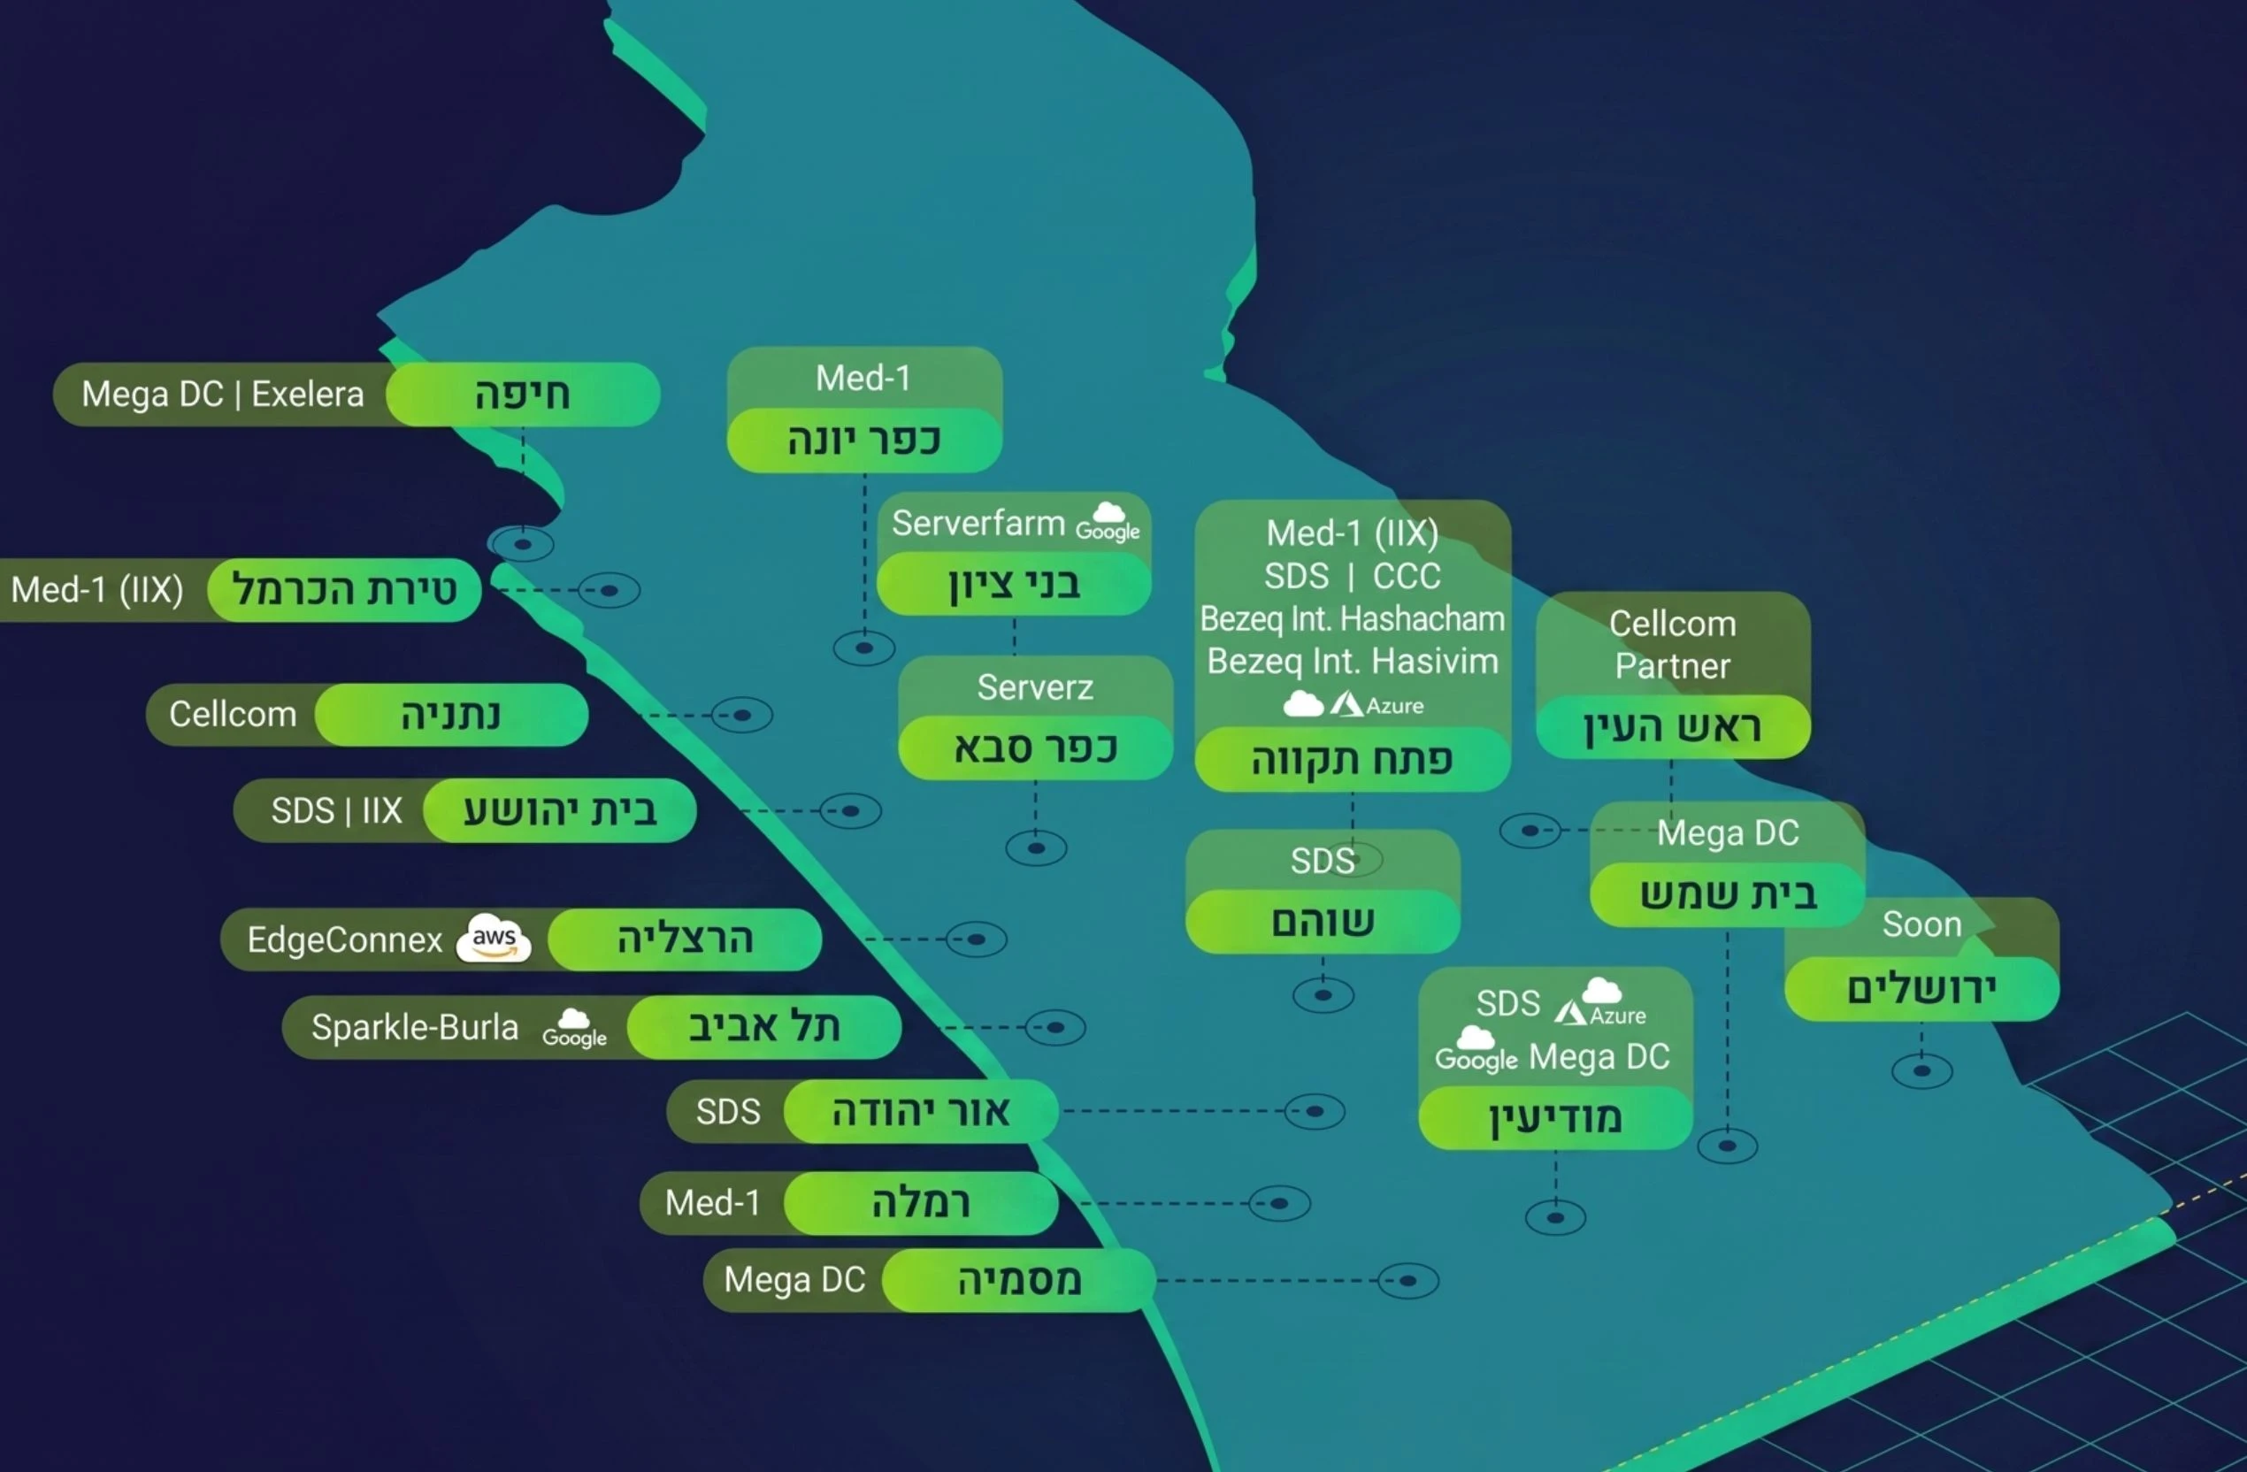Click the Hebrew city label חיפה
coord(522,394)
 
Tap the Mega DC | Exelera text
coord(223,394)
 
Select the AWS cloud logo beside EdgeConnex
coord(494,939)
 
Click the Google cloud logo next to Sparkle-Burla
coord(574,1028)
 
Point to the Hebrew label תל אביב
coord(763,1026)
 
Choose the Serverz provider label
coord(1035,687)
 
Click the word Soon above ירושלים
coord(1921,924)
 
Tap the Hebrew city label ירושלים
coord(1921,989)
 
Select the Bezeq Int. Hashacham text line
coord(1352,618)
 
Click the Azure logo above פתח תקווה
coord(1377,704)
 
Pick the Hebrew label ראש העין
coord(1672,727)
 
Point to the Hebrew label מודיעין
coord(1555,1118)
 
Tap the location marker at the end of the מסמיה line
coord(1407,1281)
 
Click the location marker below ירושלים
coord(1921,1070)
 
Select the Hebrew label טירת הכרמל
coord(345,590)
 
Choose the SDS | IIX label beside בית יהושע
coord(336,810)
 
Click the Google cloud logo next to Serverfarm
coord(1108,522)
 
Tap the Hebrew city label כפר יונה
coord(864,440)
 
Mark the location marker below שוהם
coord(1323,995)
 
